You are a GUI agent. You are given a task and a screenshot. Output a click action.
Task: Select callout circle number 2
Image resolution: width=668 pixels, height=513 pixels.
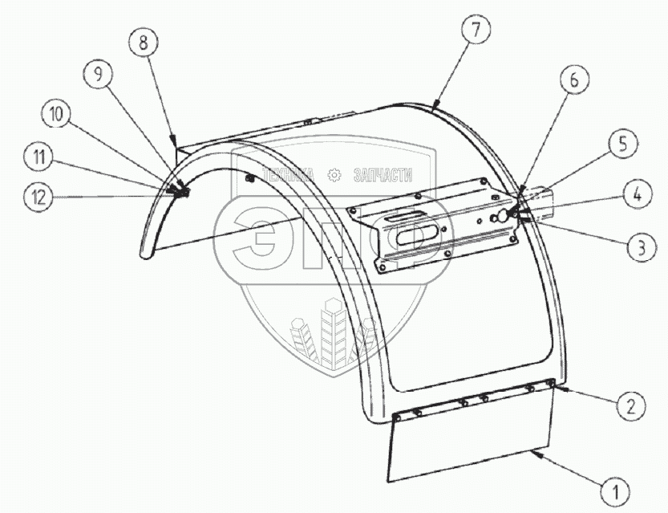(632, 406)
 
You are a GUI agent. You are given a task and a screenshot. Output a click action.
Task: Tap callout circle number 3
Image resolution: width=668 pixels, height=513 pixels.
(637, 247)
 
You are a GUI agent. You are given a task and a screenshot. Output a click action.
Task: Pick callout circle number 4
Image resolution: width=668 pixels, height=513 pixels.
(634, 194)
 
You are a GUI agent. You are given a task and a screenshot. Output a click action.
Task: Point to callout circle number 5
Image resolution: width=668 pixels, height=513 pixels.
(622, 145)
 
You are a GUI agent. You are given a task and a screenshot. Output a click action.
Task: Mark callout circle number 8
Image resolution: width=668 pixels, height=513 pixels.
(144, 43)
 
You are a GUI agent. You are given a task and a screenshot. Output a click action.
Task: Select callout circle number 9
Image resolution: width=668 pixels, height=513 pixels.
(98, 75)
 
